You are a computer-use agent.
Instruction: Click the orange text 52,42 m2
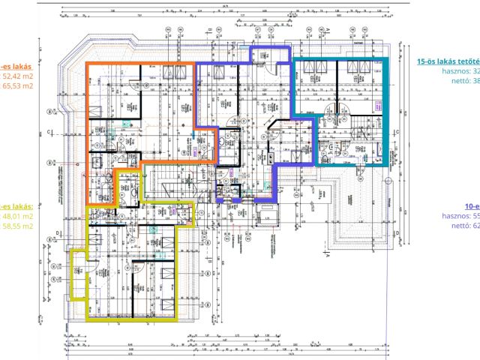(18, 76)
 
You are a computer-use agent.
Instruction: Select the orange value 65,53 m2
(18, 86)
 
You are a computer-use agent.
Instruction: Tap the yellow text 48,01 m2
(18, 216)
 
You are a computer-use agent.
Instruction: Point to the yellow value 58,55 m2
(18, 226)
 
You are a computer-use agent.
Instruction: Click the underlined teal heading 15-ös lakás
(448, 62)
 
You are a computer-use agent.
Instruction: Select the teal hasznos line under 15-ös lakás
(461, 73)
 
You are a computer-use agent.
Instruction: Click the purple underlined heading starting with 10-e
(472, 205)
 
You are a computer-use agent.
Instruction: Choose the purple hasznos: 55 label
(460, 215)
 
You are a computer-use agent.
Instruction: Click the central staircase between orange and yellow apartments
(163, 187)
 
